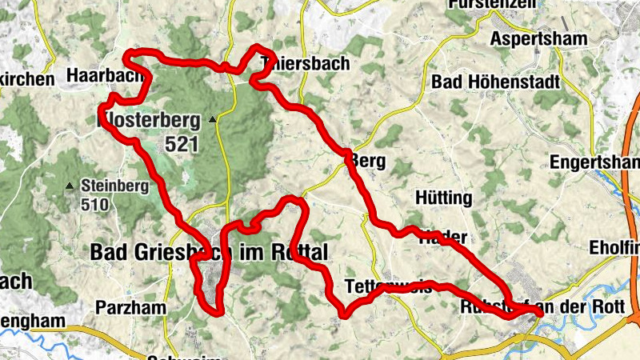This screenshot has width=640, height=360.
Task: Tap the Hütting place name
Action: (445, 198)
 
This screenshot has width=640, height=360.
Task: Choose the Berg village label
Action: (368, 162)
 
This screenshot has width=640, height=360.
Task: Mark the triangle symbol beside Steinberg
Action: (70, 186)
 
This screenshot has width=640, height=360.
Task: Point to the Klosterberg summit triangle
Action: (212, 120)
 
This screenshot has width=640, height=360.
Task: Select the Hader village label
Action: (443, 237)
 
